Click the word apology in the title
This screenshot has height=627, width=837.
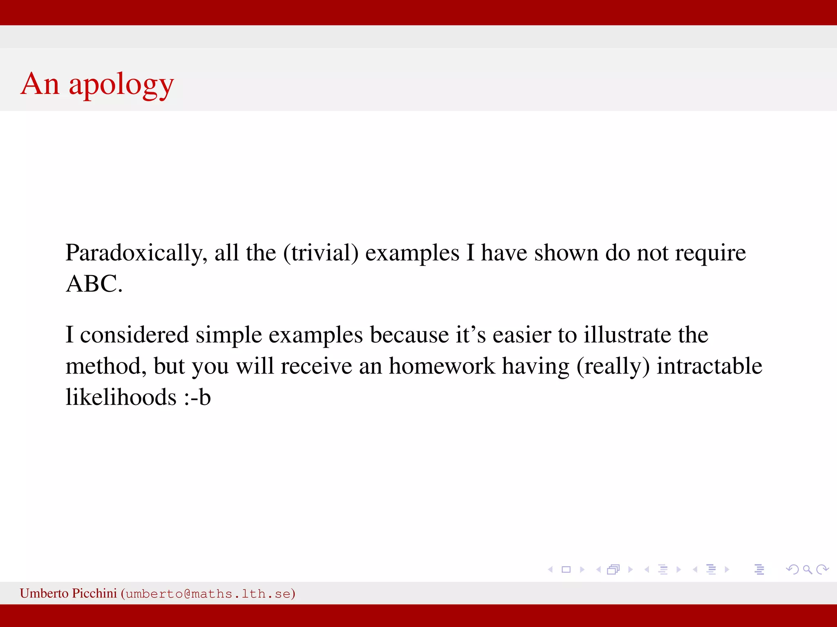pos(121,85)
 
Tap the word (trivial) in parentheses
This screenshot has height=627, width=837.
pos(321,253)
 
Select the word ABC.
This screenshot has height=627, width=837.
pos(94,284)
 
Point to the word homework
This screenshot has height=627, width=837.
pos(441,366)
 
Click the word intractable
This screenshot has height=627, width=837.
pos(709,366)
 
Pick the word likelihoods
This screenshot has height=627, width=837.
pos(121,397)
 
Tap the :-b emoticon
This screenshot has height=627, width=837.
pos(197,397)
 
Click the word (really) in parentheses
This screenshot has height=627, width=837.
pos(613,366)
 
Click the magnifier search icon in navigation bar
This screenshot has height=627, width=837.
pos(807,569)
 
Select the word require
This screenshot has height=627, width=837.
pos(710,253)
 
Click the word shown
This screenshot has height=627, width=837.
pos(566,253)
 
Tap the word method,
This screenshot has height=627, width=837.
pos(106,366)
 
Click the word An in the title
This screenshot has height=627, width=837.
pos(40,84)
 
